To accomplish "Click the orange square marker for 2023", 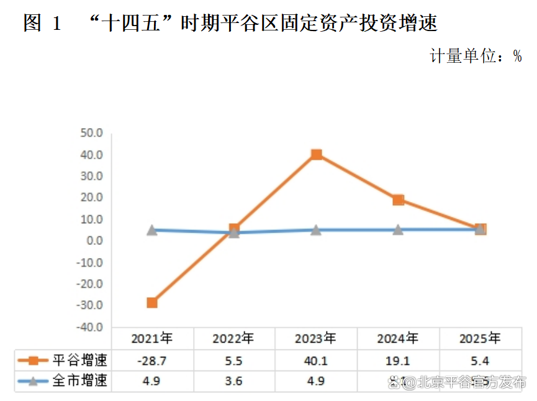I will [x=316, y=154].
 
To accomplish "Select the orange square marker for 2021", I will [x=151, y=303].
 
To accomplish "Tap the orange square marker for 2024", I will [x=398, y=200].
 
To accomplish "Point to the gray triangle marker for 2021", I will [x=151, y=230].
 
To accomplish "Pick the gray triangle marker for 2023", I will [x=316, y=230].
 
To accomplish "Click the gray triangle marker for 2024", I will [x=398, y=229].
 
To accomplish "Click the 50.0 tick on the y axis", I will [x=91, y=133].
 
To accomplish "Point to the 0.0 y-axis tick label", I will [x=94, y=241].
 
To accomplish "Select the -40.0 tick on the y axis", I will [x=90, y=327].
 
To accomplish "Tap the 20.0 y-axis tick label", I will [x=91, y=198].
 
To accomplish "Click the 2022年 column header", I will [x=233, y=339].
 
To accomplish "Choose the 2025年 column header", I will [x=480, y=339].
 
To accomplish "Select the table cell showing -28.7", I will [x=151, y=360].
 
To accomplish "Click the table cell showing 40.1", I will [x=316, y=360].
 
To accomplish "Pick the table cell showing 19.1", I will [x=398, y=360].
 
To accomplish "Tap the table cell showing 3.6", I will [x=233, y=380].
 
